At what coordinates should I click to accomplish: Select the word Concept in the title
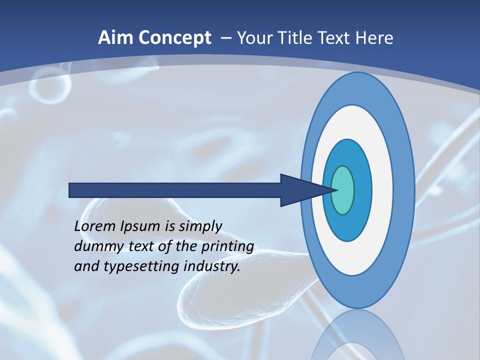point(175,38)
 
